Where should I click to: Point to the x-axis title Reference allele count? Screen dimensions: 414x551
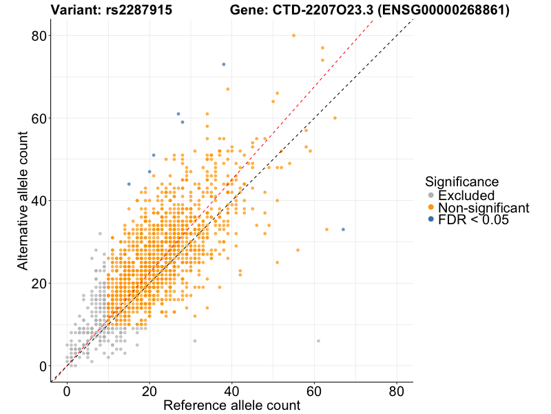231,405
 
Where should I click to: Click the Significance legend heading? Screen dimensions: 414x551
461,182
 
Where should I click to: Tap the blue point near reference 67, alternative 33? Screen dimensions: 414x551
343,229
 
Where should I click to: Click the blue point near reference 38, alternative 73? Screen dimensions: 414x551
224,64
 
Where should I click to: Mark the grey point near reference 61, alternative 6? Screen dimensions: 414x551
318,341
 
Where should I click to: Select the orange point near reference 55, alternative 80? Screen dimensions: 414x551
293,35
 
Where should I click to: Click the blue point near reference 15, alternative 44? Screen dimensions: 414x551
129,184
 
